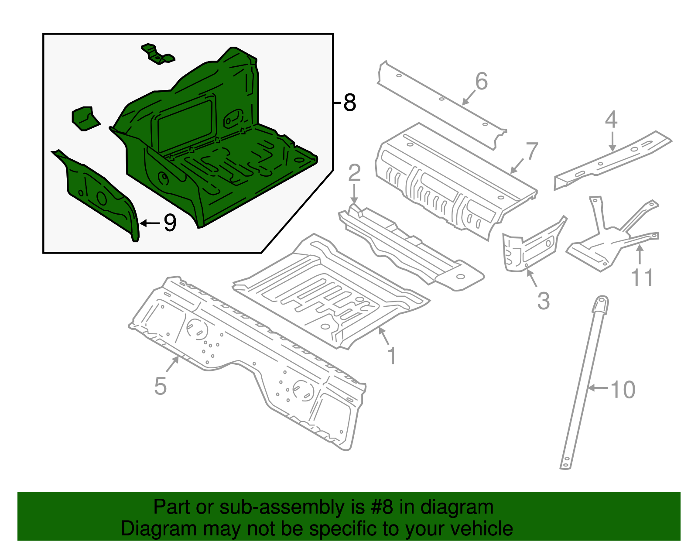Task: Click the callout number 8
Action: [x=350, y=103]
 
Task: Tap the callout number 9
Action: [x=170, y=223]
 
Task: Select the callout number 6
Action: [x=482, y=81]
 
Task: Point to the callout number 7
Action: [x=532, y=151]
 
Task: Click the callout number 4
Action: [x=611, y=119]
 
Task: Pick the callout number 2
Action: [x=354, y=173]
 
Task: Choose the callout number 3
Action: [x=544, y=301]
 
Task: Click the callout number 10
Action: [x=623, y=390]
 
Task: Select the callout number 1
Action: [x=392, y=356]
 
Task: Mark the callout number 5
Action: [x=161, y=386]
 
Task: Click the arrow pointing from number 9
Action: [x=150, y=223]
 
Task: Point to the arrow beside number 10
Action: [x=598, y=388]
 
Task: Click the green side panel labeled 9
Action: [x=99, y=195]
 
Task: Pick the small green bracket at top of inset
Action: [x=158, y=54]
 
